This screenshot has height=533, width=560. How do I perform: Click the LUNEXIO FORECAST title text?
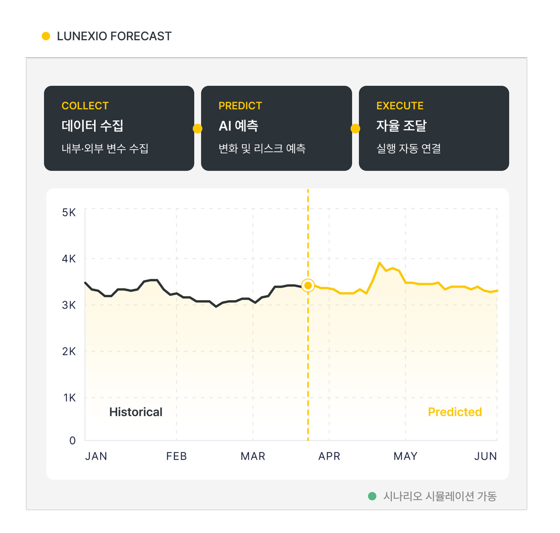tap(114, 36)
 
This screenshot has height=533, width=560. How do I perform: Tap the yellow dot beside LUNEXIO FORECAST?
tap(46, 36)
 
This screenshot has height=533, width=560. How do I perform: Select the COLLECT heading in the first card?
tap(85, 106)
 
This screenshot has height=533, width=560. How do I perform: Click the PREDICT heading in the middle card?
tap(240, 106)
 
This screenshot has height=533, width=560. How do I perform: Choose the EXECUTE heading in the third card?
tap(399, 106)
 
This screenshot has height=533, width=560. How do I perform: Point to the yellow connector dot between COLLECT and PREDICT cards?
tap(197, 129)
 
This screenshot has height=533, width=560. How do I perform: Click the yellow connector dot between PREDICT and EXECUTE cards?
tap(355, 129)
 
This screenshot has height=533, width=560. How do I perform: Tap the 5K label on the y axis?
tap(69, 212)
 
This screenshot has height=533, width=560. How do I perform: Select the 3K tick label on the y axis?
tap(69, 305)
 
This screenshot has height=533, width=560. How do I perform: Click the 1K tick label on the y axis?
tap(69, 398)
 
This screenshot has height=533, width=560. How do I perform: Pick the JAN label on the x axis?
tap(96, 456)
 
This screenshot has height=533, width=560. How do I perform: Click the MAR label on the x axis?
tap(252, 456)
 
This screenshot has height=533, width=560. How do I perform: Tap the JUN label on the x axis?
tap(485, 456)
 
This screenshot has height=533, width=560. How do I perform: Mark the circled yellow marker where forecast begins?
tap(308, 285)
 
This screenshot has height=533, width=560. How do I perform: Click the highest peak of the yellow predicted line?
tap(379, 263)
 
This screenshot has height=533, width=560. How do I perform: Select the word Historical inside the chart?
tap(136, 412)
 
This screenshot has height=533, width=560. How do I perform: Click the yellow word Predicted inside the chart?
tap(455, 412)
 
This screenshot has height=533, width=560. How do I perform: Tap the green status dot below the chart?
tap(372, 496)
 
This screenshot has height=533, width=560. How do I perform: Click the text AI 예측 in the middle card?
tap(238, 126)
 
